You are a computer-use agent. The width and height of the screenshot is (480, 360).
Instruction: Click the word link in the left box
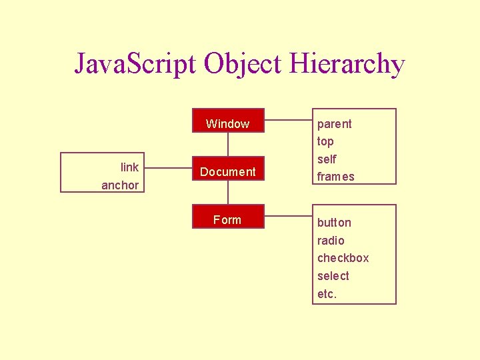click(x=129, y=167)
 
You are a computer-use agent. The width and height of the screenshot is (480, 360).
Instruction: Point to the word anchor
click(x=120, y=185)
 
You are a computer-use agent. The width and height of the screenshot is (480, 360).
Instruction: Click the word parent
click(x=334, y=124)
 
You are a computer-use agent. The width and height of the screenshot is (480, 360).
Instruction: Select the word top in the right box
click(x=325, y=141)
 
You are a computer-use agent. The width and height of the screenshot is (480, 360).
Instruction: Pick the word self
click(x=327, y=159)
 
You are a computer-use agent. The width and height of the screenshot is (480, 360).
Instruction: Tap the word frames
click(x=335, y=177)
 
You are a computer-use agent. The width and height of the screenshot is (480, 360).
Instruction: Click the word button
click(x=334, y=223)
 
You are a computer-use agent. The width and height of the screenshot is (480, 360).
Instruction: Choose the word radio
click(x=331, y=241)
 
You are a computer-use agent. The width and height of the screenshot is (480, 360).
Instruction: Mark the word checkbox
click(x=343, y=258)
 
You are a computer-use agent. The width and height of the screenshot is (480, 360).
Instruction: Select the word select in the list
click(x=333, y=276)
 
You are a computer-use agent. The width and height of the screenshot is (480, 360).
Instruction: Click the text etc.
click(x=327, y=294)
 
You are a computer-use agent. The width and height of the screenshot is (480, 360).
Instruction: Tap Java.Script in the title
click(x=136, y=64)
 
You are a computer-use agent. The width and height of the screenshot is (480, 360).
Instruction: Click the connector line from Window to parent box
click(x=288, y=121)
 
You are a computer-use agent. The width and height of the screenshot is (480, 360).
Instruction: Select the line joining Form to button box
click(x=288, y=216)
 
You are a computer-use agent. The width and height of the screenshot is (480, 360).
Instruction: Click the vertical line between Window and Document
click(x=228, y=145)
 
